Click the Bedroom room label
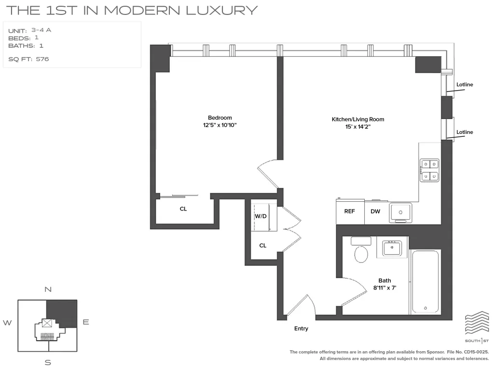tap(220, 118)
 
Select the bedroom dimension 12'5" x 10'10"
tap(220, 125)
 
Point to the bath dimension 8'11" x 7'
tap(384, 288)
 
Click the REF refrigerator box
tap(350, 211)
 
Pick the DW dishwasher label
tap(375, 211)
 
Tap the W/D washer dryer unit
tap(261, 216)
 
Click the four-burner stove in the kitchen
tap(429, 171)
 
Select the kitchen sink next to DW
tap(400, 212)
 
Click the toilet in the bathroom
tap(360, 251)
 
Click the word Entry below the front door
tap(301, 329)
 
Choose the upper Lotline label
tap(465, 85)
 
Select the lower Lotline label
tap(465, 132)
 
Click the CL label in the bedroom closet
tap(183, 209)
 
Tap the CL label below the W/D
tap(263, 246)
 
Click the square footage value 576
tap(42, 59)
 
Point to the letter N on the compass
tap(48, 290)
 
